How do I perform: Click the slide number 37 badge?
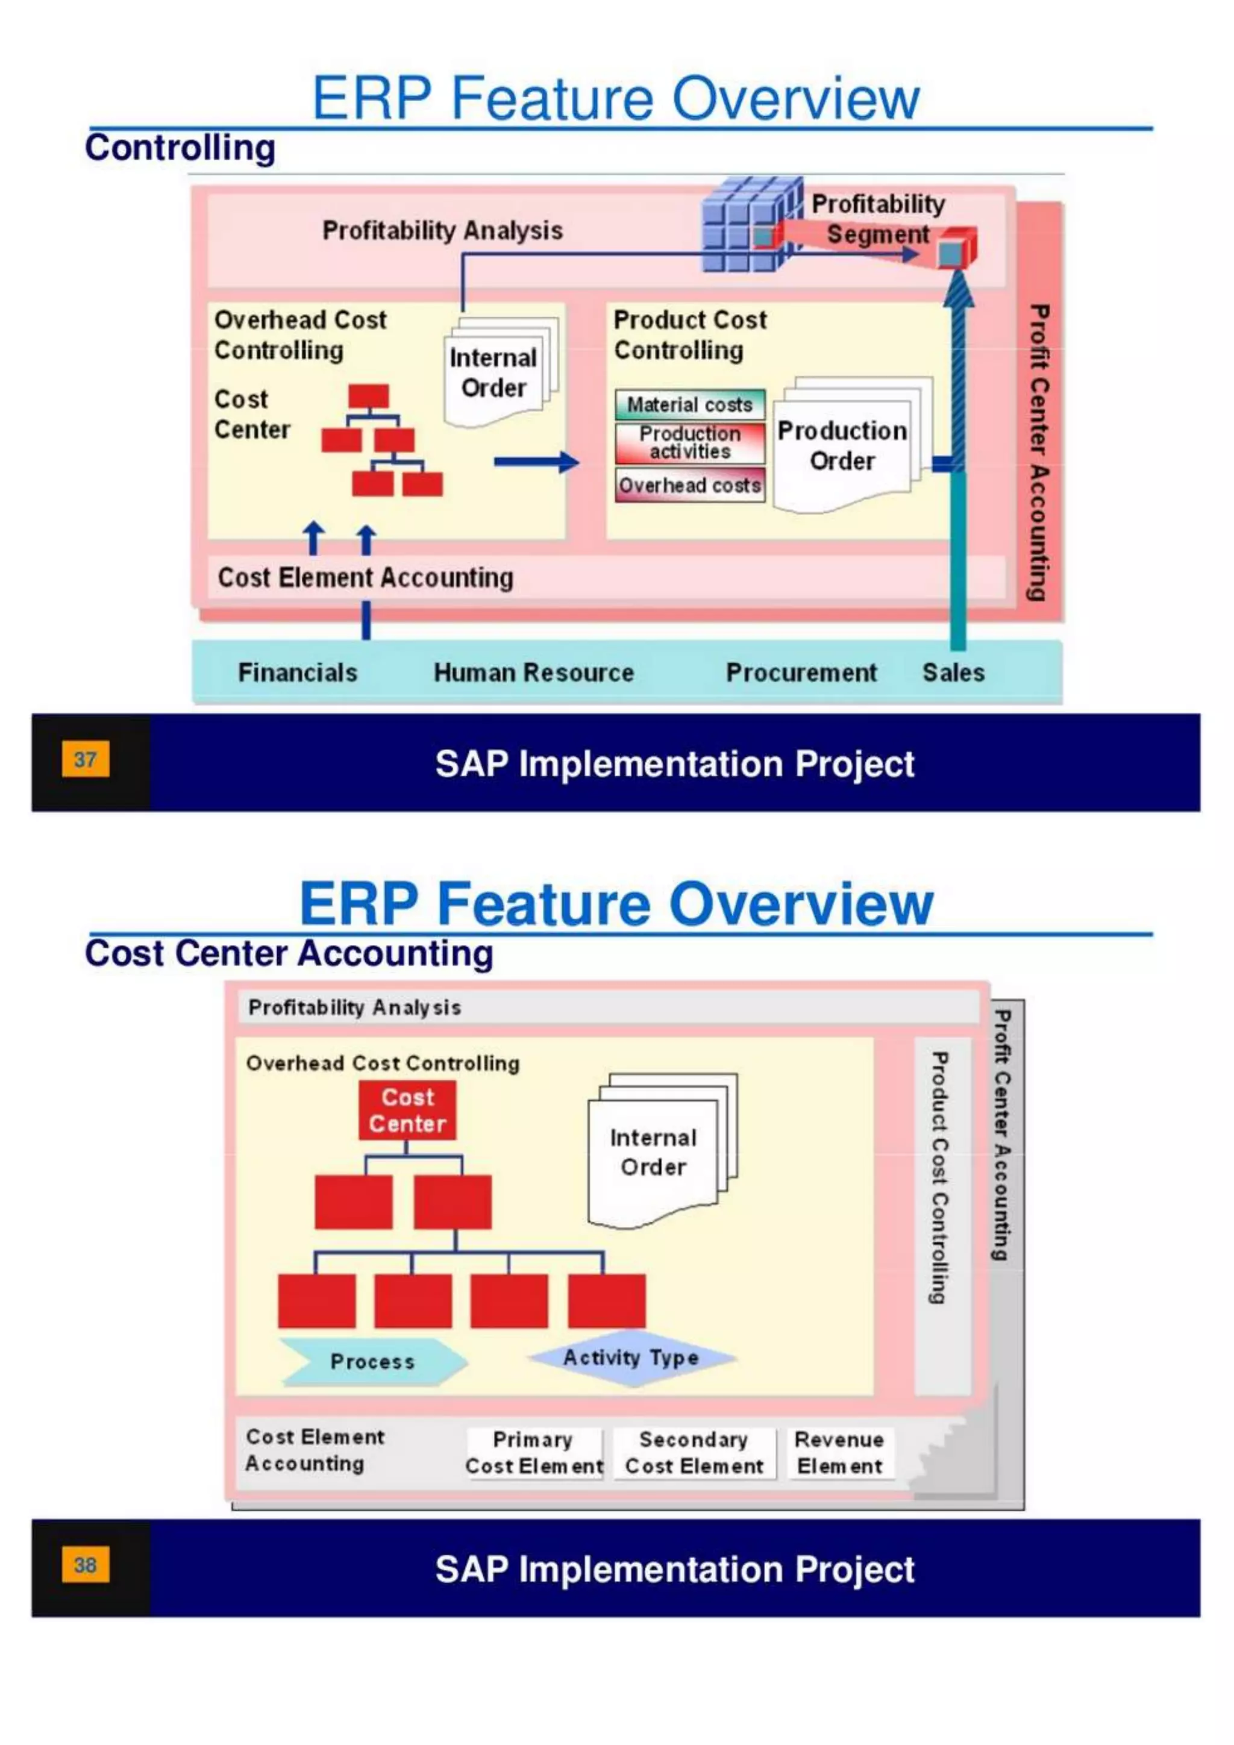click(85, 759)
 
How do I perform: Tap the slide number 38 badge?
click(85, 1564)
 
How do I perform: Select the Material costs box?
click(689, 404)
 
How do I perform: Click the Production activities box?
click(689, 442)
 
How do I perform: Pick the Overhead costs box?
click(689, 485)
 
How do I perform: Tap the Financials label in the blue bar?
click(297, 672)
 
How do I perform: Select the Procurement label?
click(801, 672)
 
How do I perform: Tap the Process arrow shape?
click(372, 1362)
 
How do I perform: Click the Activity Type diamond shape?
click(631, 1358)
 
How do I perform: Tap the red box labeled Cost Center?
click(407, 1110)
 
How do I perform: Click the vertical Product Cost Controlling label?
click(941, 1178)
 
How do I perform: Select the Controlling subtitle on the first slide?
click(180, 148)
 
